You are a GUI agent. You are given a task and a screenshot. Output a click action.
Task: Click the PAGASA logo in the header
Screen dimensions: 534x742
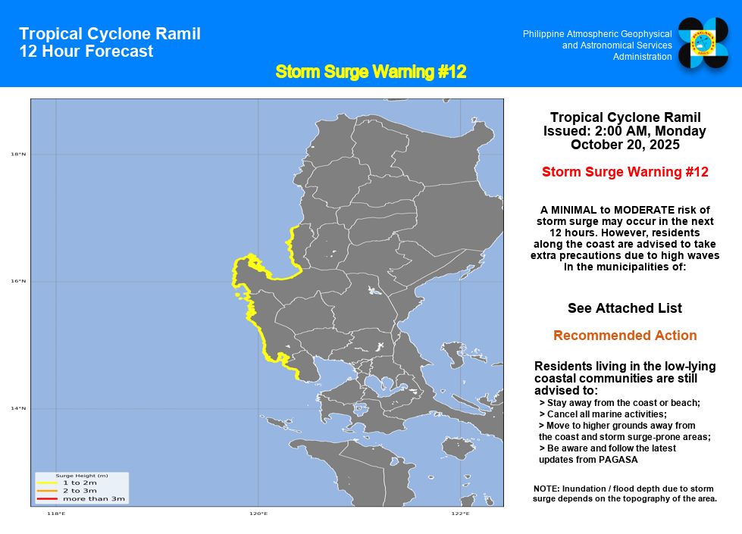pyautogui.click(x=703, y=43)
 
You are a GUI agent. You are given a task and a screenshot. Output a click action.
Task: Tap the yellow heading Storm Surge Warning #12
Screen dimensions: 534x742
pyautogui.click(x=371, y=72)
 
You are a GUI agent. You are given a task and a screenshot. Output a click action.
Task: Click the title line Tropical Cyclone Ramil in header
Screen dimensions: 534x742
pyautogui.click(x=110, y=34)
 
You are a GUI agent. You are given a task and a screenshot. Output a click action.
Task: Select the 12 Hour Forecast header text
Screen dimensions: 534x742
pyautogui.click(x=86, y=52)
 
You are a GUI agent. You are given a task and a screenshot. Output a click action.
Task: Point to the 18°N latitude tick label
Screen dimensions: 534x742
pyautogui.click(x=18, y=155)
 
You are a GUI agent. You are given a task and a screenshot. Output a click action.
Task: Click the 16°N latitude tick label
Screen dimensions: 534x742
pyautogui.click(x=18, y=282)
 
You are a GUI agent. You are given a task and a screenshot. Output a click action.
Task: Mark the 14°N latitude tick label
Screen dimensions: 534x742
pyautogui.click(x=18, y=409)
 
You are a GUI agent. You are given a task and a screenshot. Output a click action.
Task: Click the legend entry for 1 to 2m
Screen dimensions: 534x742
pyautogui.click(x=80, y=482)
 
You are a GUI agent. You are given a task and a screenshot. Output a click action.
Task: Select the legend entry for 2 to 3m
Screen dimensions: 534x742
pyautogui.click(x=80, y=491)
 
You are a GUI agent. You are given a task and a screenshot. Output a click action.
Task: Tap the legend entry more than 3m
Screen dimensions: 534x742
pyautogui.click(x=93, y=498)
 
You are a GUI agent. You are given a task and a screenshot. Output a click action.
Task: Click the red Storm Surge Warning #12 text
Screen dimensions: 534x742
pyautogui.click(x=625, y=172)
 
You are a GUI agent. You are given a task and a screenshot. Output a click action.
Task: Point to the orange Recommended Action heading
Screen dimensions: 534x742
pyautogui.click(x=625, y=336)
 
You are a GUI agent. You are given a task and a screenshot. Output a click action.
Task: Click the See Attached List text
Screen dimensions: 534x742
pyautogui.click(x=625, y=308)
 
